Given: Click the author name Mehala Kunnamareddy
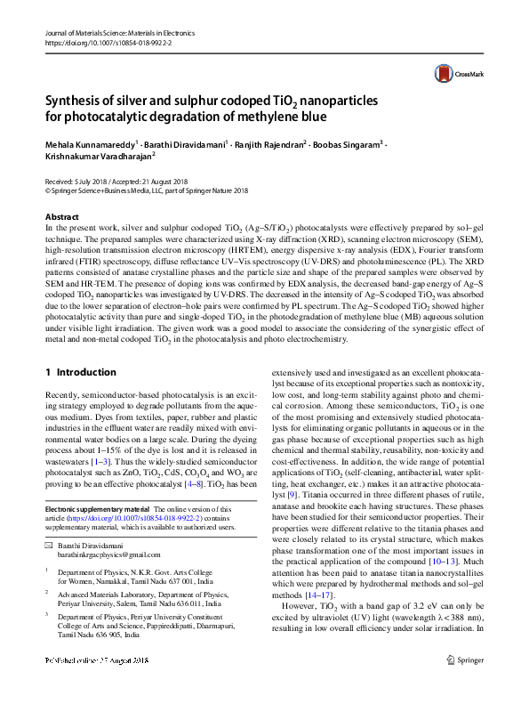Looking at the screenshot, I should pyautogui.click(x=92, y=143).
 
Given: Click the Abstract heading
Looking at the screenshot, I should pyautogui.click(x=62, y=217).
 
